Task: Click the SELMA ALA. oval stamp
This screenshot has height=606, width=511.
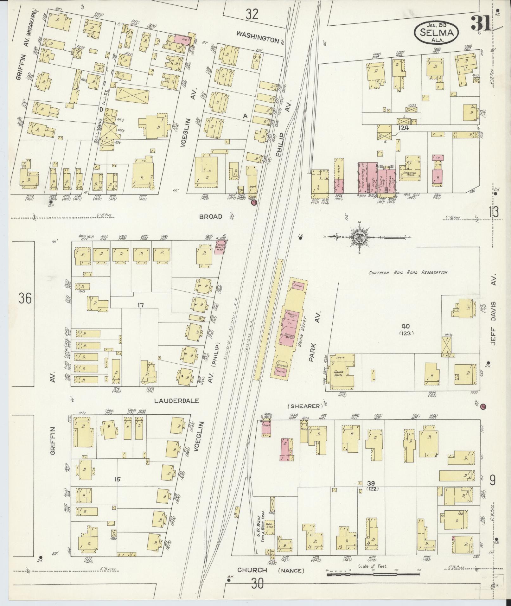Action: pos(437,32)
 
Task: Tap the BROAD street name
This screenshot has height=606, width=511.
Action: pos(211,217)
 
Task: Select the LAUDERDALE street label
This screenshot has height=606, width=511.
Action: pos(176,400)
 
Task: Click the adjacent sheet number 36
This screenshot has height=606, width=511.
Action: pos(25,298)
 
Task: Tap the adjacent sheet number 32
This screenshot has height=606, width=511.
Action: pos(252,14)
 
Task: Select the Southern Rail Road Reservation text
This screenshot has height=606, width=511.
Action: pos(408,272)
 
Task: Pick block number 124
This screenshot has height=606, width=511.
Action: pos(404,128)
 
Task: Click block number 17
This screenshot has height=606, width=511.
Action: pos(141,305)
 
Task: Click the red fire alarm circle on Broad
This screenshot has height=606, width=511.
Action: pos(254,203)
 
